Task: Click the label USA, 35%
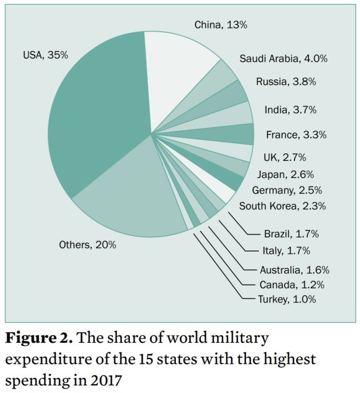click(x=46, y=56)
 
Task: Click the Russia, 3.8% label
click(x=286, y=82)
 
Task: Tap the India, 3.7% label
click(x=290, y=109)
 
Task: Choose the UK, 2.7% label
click(x=285, y=157)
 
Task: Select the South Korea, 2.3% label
click(x=282, y=206)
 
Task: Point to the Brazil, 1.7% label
click(x=290, y=235)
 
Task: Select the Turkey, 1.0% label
click(x=287, y=299)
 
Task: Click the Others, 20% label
click(x=88, y=245)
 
